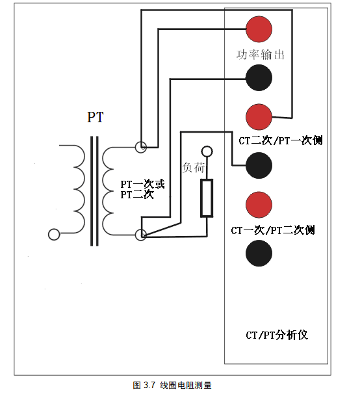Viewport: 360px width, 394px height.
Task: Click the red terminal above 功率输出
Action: click(x=259, y=29)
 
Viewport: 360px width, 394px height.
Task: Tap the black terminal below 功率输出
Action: click(x=259, y=77)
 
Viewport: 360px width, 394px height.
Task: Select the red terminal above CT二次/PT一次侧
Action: click(x=259, y=117)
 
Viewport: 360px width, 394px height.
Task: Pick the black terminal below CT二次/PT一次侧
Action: click(x=259, y=165)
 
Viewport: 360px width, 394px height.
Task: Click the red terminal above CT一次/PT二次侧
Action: click(x=259, y=205)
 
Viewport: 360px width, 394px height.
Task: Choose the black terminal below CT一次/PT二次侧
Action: click(x=259, y=253)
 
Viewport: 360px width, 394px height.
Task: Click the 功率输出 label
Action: click(x=261, y=55)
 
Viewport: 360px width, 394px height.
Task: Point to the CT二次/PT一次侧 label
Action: click(x=281, y=140)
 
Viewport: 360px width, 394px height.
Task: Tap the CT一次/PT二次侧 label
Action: click(x=273, y=230)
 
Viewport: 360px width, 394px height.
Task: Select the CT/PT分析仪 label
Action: click(x=277, y=335)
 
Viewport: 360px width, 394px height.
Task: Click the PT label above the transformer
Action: click(x=96, y=117)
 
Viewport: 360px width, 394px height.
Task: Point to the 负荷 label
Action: click(x=194, y=167)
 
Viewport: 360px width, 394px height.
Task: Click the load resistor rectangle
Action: click(x=207, y=198)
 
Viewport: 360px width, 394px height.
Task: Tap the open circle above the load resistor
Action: click(x=207, y=151)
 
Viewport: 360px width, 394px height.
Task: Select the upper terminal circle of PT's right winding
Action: click(x=141, y=147)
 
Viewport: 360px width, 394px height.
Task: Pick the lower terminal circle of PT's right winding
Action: click(x=141, y=235)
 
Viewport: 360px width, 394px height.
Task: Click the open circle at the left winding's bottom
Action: click(x=54, y=235)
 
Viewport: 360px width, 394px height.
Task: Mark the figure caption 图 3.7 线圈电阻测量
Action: click(x=172, y=385)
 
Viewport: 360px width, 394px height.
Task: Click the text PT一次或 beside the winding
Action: click(x=142, y=184)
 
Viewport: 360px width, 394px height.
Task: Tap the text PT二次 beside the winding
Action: click(x=137, y=194)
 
